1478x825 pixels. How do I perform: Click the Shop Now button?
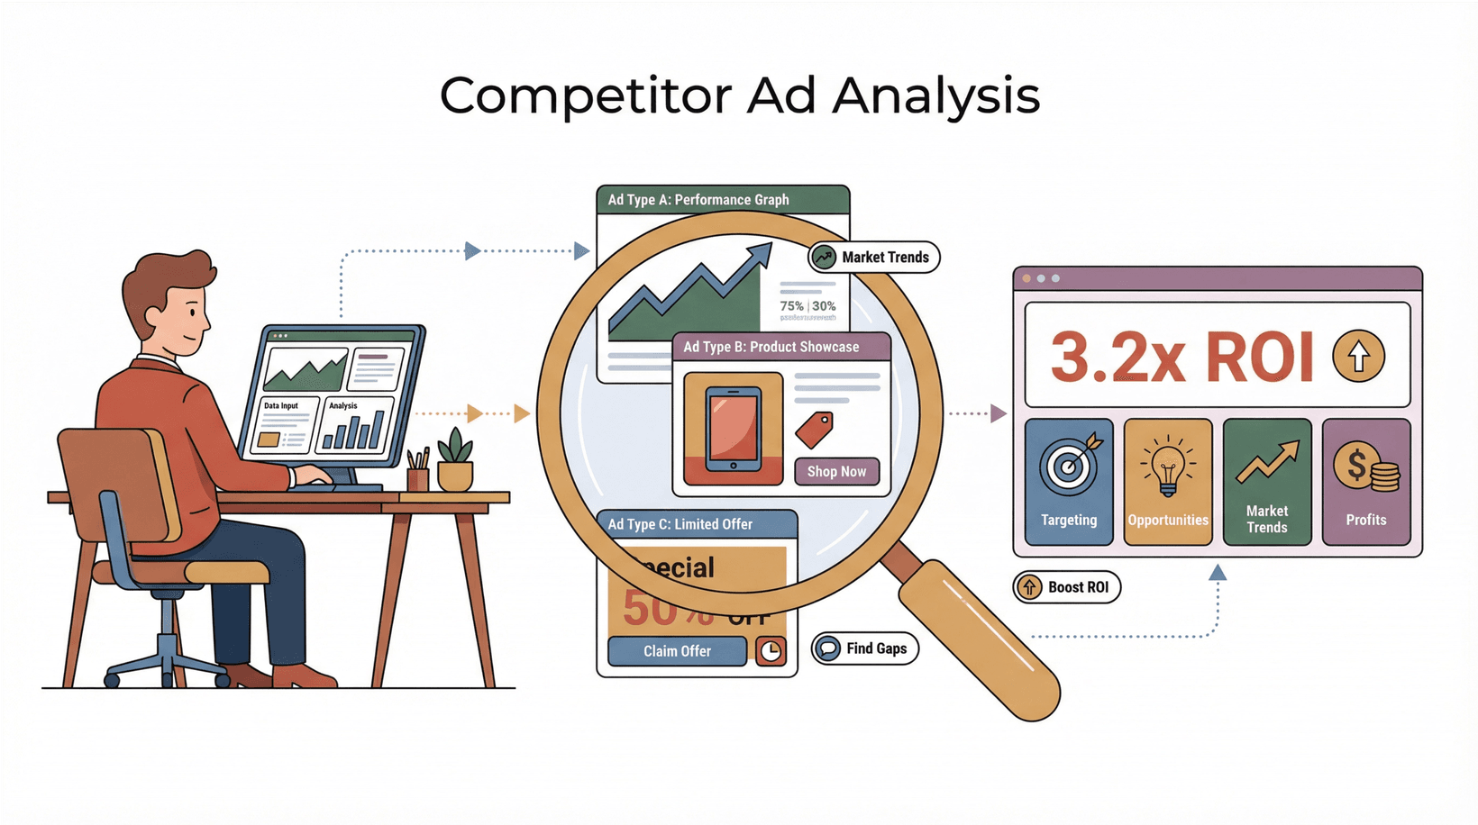coord(836,471)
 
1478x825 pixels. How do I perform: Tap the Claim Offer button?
coord(677,650)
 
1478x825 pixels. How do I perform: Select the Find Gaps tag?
coord(865,648)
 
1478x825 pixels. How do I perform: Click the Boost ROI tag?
coord(1067,587)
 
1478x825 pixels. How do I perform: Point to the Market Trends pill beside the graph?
coord(874,258)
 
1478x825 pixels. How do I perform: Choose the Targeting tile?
coord(1069,482)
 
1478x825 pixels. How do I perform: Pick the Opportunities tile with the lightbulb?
coord(1168,482)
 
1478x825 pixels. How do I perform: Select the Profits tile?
coord(1366,482)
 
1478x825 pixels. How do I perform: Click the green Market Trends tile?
coord(1267,482)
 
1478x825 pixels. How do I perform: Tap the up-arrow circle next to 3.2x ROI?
coord(1359,356)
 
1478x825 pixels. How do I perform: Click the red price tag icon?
coord(815,430)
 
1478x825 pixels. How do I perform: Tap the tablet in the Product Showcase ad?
coord(733,429)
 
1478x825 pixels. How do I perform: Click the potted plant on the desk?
coord(455,460)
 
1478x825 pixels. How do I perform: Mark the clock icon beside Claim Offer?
coord(771,650)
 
